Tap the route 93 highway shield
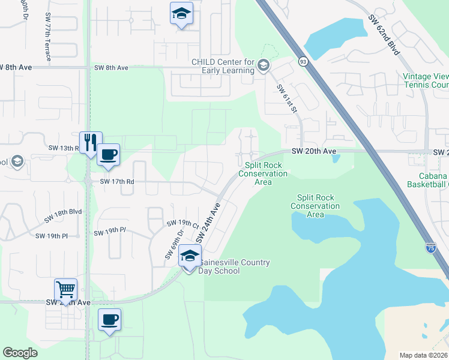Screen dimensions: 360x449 [303, 61]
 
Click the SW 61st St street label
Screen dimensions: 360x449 [287, 98]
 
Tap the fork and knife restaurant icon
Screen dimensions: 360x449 [91, 143]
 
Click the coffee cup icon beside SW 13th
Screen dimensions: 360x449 [108, 155]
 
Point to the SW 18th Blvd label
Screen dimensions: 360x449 [66, 212]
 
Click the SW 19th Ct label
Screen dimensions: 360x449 [182, 224]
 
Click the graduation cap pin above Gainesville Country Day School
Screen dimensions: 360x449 [190, 257]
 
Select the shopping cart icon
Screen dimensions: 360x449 [65, 290]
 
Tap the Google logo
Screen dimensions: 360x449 [20, 353]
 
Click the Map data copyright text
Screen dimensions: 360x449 [423, 355]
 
